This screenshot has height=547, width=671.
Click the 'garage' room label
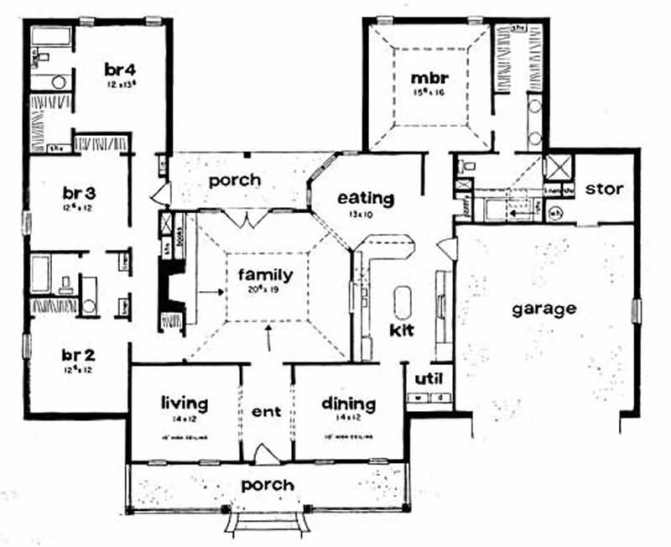click(544, 308)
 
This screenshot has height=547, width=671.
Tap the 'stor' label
click(604, 189)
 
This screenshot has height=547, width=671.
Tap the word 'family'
click(265, 274)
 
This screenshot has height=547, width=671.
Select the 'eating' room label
click(366, 199)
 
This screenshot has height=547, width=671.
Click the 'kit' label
click(403, 329)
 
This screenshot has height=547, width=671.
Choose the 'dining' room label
click(348, 404)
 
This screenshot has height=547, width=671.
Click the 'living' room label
click(185, 404)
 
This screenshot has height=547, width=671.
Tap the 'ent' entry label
click(266, 412)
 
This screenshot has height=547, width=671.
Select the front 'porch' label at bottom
click(268, 485)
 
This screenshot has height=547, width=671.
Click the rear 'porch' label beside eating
click(235, 180)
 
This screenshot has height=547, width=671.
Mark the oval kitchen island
click(403, 300)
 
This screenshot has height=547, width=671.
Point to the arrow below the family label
click(268, 338)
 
